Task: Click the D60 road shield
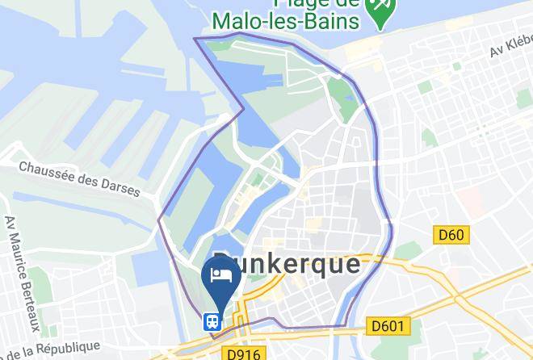tap(451, 235)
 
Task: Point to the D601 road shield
tap(388, 325)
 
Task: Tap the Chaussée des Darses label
tap(79, 178)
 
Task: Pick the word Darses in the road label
tap(119, 187)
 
